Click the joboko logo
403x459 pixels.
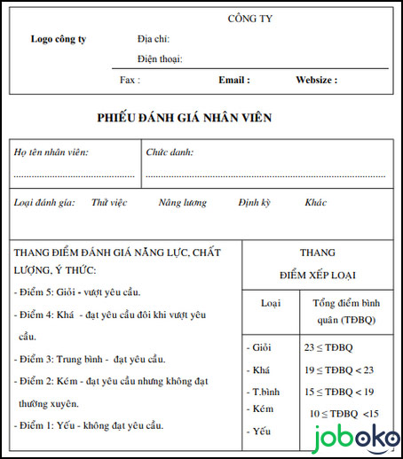click(x=354, y=437)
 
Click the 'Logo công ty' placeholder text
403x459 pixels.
click(x=59, y=39)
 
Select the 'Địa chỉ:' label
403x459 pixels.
click(x=154, y=39)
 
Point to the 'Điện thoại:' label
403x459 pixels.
click(x=160, y=59)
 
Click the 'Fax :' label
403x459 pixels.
click(x=130, y=80)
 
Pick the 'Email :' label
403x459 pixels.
click(x=234, y=80)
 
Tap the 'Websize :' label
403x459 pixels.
click(x=316, y=80)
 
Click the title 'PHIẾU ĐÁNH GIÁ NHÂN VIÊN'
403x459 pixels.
click(x=185, y=118)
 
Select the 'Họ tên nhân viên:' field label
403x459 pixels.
click(x=51, y=152)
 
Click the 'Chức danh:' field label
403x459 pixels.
click(x=170, y=152)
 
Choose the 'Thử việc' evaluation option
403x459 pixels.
click(x=109, y=203)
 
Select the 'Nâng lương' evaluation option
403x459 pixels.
click(x=183, y=203)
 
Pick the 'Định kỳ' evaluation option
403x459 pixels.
click(x=255, y=203)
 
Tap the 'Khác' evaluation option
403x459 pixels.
click(x=316, y=203)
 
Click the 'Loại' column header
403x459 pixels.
click(x=270, y=303)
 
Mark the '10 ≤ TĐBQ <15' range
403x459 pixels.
click(x=344, y=413)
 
